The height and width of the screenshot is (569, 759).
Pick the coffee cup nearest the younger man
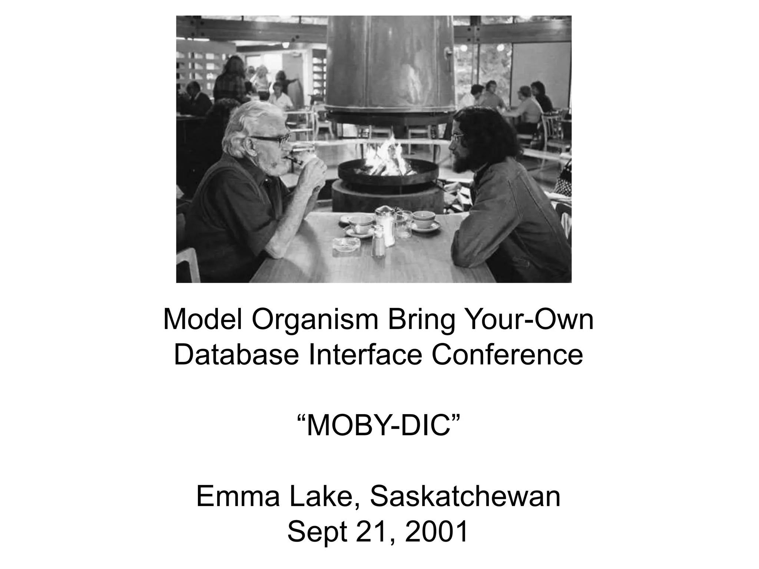pos(424,220)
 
